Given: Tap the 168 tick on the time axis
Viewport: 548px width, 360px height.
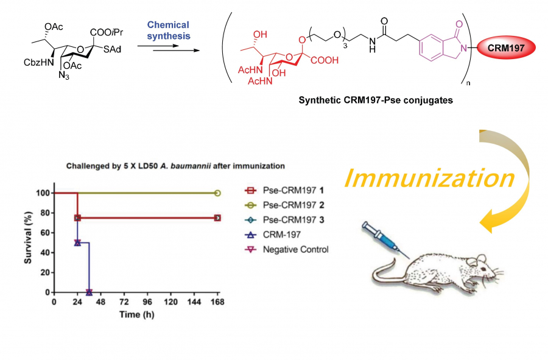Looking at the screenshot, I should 217,302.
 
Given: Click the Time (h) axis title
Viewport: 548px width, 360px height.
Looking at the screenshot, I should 138,314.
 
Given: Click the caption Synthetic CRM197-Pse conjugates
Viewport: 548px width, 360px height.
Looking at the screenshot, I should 376,101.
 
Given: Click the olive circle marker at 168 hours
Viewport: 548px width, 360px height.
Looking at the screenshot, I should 217,193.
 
